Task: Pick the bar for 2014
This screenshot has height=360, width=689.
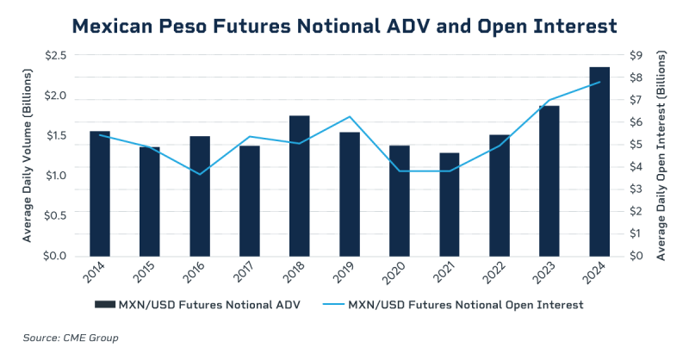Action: pyautogui.click(x=100, y=193)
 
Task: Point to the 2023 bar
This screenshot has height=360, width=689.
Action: pyautogui.click(x=549, y=180)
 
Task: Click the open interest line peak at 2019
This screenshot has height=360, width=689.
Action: pyautogui.click(x=349, y=116)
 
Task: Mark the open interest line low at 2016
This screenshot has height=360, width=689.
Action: pyautogui.click(x=200, y=175)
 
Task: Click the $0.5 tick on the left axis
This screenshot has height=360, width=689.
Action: pyautogui.click(x=58, y=216)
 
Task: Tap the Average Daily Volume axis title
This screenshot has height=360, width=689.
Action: pyautogui.click(x=28, y=156)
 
